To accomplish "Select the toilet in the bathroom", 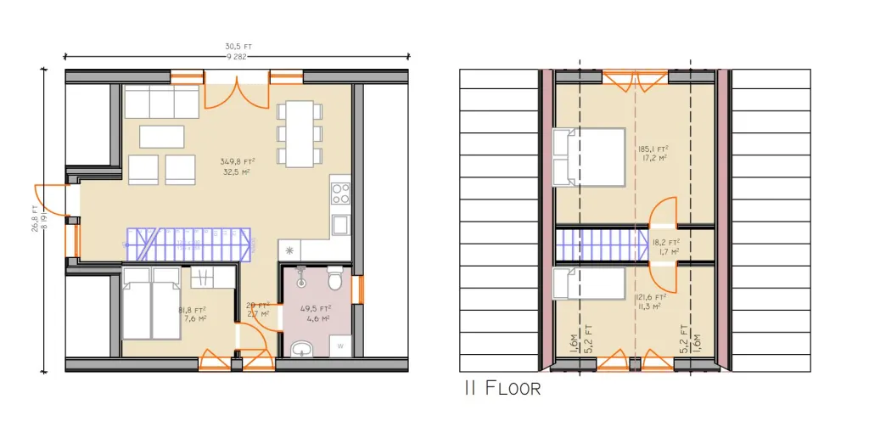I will pyautogui.click(x=335, y=278).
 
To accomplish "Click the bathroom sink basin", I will pyautogui.click(x=300, y=349).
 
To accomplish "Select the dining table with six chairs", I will pyautogui.click(x=298, y=133).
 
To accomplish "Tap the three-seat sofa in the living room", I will pyautogui.click(x=162, y=104).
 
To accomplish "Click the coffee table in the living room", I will pyautogui.click(x=161, y=137).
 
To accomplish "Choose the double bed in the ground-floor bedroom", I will pyautogui.click(x=150, y=305).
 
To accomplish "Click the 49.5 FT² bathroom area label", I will pyautogui.click(x=315, y=314).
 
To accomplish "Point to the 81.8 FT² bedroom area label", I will pyautogui.click(x=192, y=315).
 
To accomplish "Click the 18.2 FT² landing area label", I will pyautogui.click(x=664, y=247).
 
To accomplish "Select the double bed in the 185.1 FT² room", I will pyautogui.click(x=588, y=157).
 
